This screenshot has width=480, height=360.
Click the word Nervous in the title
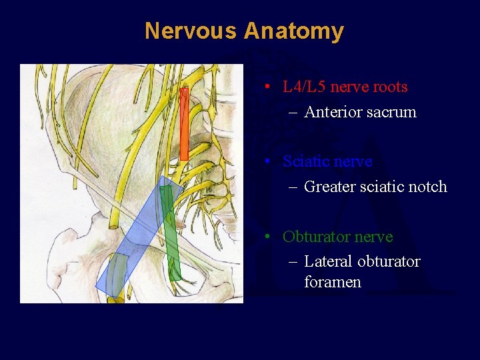(x=191, y=31)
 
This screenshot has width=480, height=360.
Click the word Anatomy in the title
(x=294, y=31)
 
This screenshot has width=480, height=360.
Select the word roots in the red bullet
(x=390, y=87)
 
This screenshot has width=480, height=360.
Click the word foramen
(x=333, y=282)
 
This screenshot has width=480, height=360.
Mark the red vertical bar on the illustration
(x=185, y=123)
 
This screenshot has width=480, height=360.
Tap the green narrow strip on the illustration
(x=172, y=233)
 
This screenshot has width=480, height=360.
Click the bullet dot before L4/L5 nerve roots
(x=266, y=87)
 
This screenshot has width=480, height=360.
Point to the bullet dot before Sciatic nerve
(x=266, y=161)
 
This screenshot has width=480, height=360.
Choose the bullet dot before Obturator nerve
(x=266, y=237)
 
